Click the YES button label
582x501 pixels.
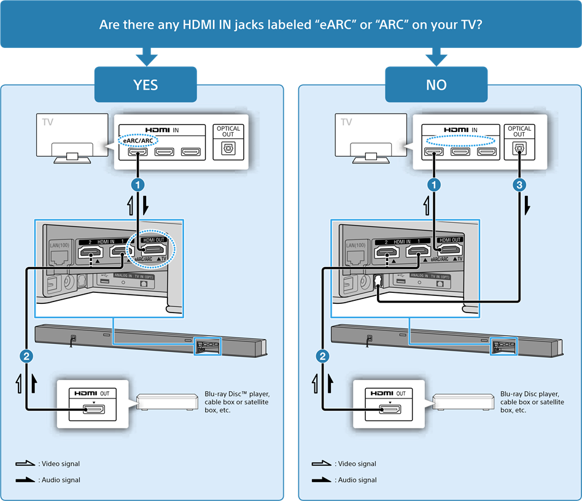(145, 85)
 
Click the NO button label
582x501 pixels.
(436, 85)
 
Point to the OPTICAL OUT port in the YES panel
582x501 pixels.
(228, 148)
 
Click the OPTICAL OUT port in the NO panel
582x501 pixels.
(519, 148)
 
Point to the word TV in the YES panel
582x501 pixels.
(48, 122)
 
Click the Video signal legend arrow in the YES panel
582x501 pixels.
(26, 464)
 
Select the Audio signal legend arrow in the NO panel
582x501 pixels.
(322, 480)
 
